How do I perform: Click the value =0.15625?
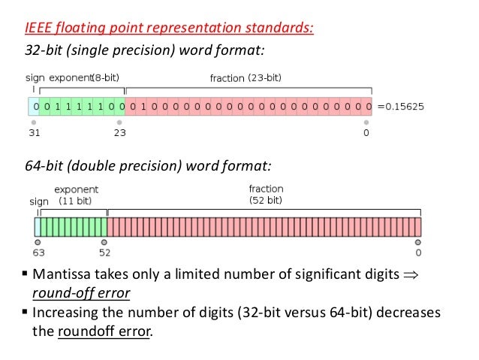click(401, 107)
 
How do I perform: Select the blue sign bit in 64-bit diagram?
click(38, 227)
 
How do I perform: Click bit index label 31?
click(34, 134)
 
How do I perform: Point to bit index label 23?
click(120, 134)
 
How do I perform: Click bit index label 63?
click(38, 253)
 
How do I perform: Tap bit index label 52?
click(104, 253)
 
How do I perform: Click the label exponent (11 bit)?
click(76, 195)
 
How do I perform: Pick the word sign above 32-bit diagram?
click(35, 77)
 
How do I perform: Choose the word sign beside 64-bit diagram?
click(39, 201)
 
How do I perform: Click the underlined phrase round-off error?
click(80, 293)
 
